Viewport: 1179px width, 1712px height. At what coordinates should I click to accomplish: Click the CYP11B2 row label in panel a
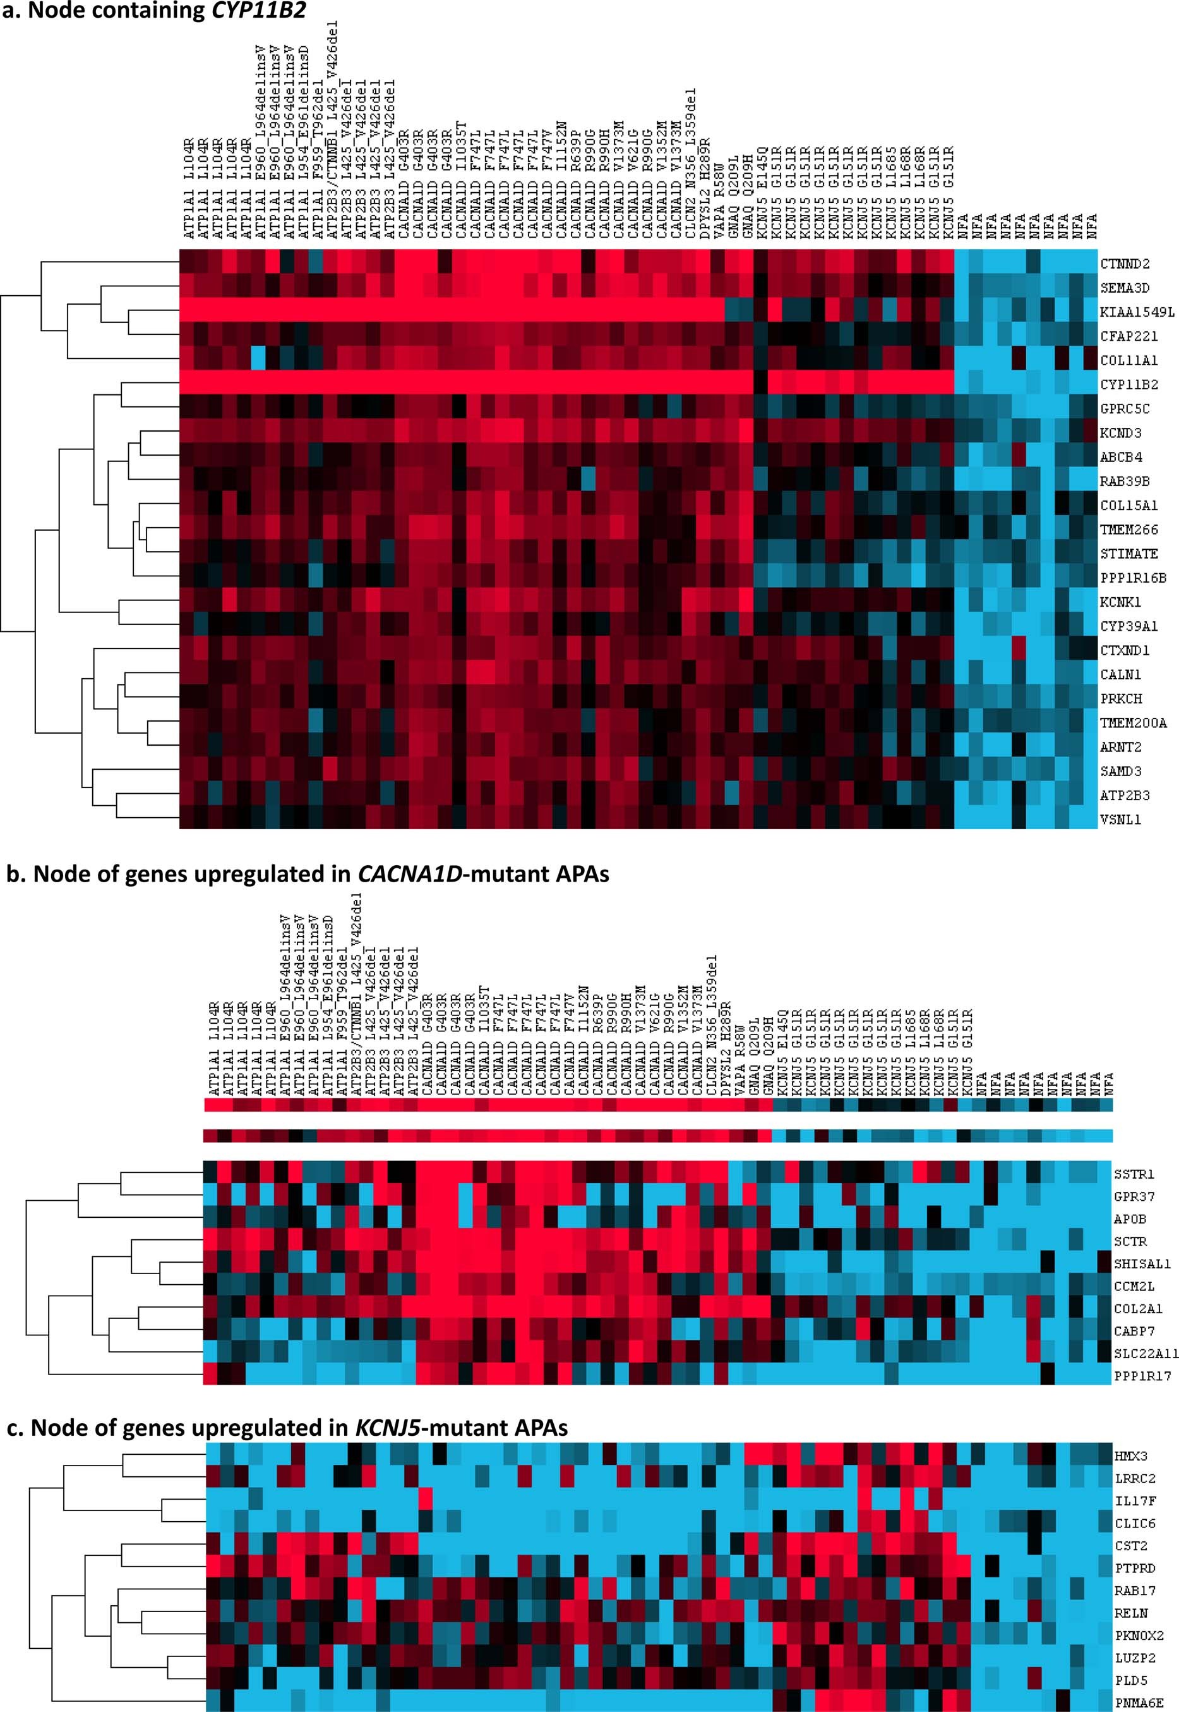tap(1128, 385)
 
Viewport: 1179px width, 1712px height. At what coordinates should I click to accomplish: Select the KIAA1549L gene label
tap(1136, 313)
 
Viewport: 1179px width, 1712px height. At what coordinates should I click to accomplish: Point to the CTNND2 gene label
tap(1124, 265)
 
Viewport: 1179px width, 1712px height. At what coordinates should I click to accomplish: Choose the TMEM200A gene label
tap(1133, 723)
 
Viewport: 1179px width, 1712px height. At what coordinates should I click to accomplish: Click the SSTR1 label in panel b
tap(1134, 1174)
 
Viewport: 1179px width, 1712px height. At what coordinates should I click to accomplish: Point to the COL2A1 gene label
tap(1137, 1308)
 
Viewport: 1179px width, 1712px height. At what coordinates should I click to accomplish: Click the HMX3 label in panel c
tap(1131, 1456)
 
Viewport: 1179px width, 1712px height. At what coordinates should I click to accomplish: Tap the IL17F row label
tap(1134, 1502)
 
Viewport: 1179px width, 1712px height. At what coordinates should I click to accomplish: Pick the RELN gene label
tap(1131, 1613)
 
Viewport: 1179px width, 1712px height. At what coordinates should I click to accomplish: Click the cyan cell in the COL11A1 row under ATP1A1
tap(258, 361)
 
